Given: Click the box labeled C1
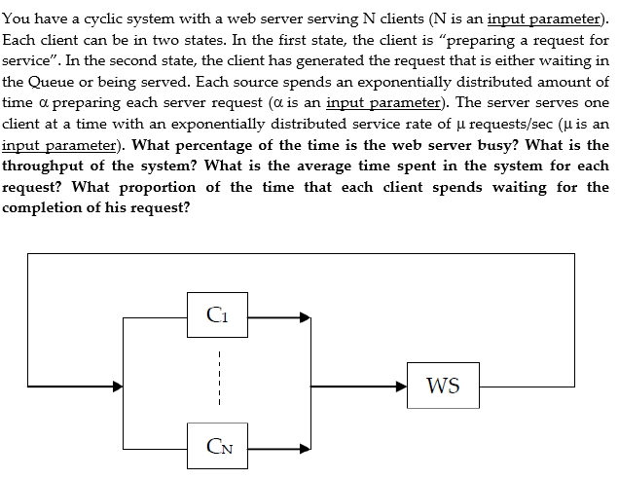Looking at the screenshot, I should [220, 314].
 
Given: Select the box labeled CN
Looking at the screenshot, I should [220, 448].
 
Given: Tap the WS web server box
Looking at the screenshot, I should [443, 386].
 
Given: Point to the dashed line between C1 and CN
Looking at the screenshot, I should [220, 381].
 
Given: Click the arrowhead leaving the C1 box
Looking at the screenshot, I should [305, 315].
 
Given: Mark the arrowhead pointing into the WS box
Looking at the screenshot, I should [401, 386].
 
